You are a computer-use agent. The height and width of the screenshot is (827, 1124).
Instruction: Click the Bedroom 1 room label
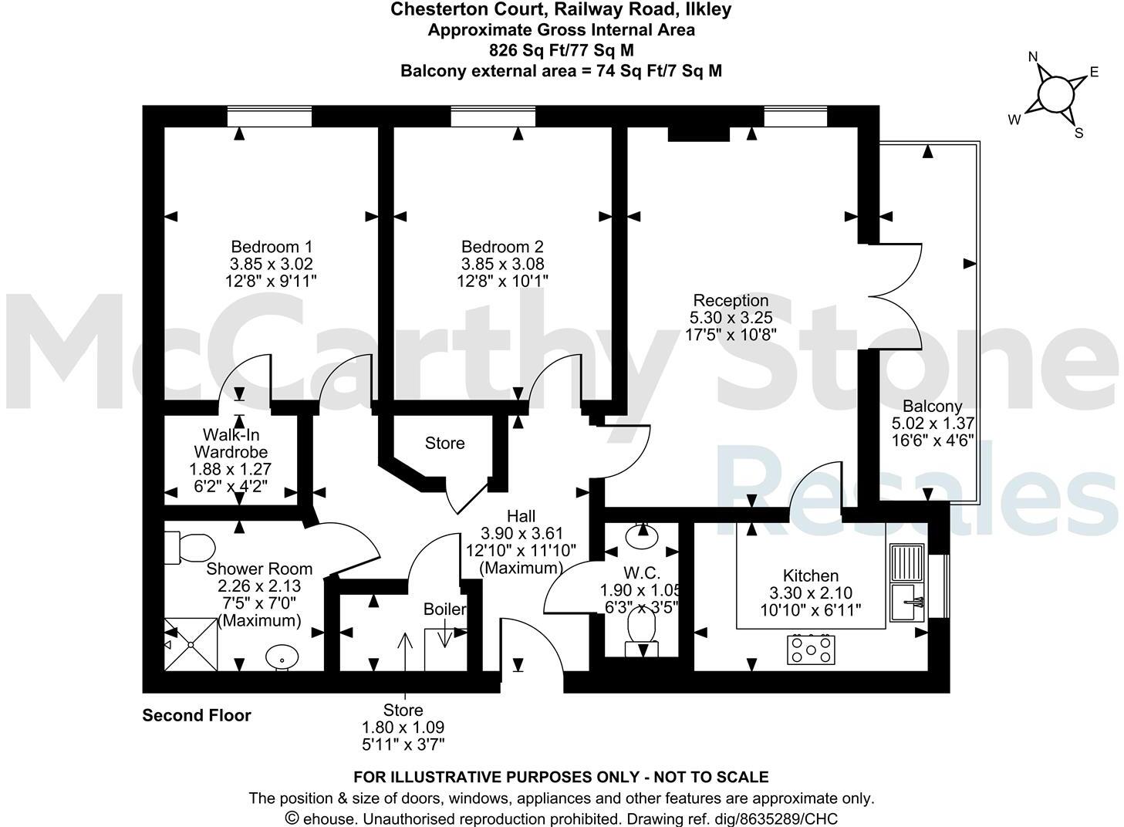(272, 247)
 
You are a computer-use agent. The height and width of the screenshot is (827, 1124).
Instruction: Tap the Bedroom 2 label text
(502, 247)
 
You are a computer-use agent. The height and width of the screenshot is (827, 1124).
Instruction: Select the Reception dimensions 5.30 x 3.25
(731, 318)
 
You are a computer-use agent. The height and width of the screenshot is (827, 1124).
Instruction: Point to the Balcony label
(932, 407)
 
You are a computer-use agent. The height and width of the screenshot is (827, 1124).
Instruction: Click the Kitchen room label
(810, 576)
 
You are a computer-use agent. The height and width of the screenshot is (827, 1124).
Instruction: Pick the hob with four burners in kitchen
(811, 649)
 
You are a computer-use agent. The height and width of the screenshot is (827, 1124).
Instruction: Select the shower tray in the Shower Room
(189, 643)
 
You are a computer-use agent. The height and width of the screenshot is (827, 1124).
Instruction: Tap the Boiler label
(444, 609)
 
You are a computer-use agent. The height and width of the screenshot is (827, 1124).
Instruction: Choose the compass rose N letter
(1034, 58)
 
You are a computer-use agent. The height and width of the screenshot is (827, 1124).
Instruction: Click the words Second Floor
(197, 716)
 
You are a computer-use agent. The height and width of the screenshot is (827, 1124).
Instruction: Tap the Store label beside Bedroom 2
(444, 444)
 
